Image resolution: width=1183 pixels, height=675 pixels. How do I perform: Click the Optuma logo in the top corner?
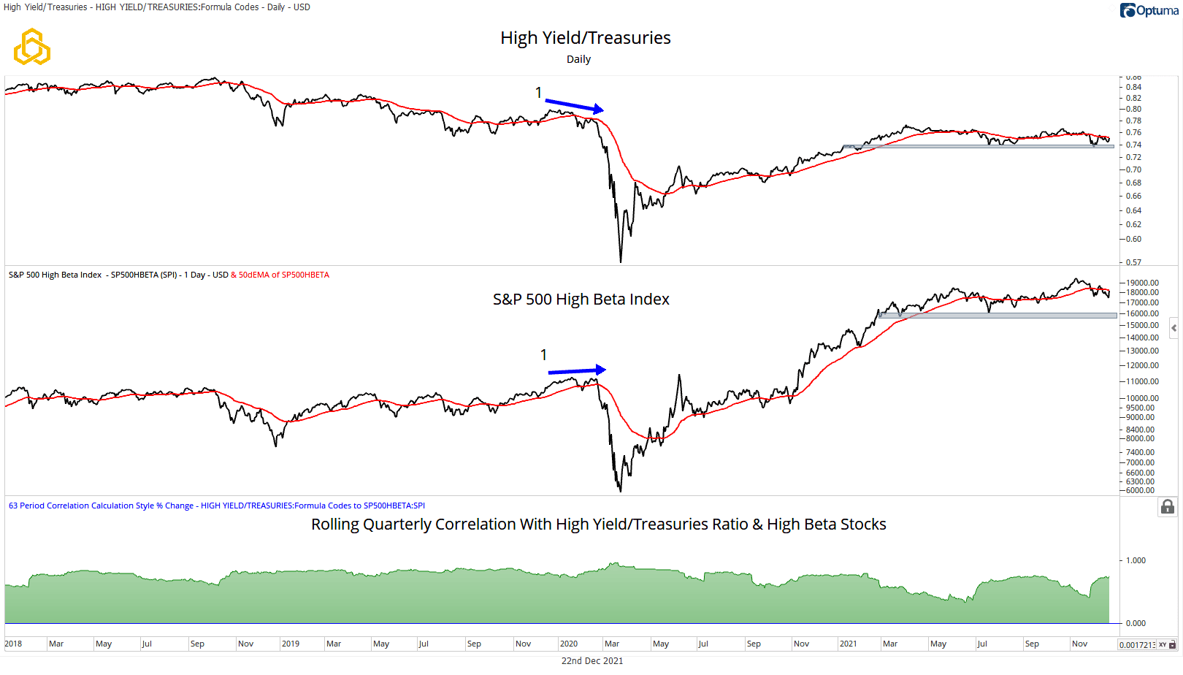[1149, 10]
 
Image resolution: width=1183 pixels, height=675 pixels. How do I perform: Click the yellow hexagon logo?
[32, 47]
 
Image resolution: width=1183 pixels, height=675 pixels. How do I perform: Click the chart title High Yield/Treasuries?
[585, 38]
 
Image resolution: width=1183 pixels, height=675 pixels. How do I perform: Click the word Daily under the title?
[578, 59]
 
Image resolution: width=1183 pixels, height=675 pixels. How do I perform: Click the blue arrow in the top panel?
[574, 105]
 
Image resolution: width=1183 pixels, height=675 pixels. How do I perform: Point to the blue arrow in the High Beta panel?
[577, 370]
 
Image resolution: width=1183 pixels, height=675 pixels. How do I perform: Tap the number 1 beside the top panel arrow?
[538, 93]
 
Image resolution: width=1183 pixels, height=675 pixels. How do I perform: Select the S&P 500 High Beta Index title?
[581, 300]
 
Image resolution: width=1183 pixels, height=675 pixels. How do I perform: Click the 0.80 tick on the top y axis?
[1133, 109]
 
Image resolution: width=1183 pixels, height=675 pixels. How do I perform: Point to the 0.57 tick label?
[1133, 262]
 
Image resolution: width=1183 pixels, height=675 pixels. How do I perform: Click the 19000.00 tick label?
[1142, 283]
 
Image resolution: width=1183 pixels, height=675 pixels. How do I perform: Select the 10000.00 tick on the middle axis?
[1142, 398]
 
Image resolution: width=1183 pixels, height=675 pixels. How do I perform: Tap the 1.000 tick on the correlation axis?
[1136, 560]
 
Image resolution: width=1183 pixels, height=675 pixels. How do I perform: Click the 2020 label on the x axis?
[569, 644]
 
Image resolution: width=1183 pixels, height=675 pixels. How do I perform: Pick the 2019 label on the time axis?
[291, 644]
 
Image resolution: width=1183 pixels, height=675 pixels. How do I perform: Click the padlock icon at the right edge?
[1168, 507]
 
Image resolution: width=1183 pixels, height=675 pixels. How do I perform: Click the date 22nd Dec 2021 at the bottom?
[592, 660]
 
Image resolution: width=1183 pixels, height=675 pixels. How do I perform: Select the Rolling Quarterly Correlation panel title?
[598, 525]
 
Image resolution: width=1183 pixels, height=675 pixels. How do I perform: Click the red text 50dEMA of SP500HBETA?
[284, 275]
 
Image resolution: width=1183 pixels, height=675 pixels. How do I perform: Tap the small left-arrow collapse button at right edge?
[1174, 328]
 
